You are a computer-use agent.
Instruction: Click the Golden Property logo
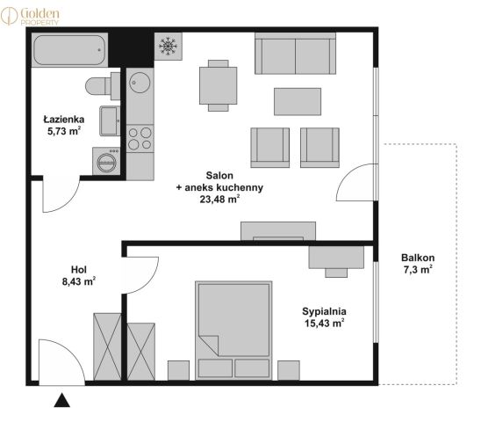(x=30, y=16)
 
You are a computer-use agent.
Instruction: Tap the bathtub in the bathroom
(x=69, y=50)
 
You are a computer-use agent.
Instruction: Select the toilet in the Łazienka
(x=103, y=86)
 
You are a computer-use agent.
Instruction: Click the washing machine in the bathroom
(x=106, y=161)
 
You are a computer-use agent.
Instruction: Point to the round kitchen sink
(x=140, y=83)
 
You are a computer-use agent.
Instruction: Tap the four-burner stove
(x=140, y=138)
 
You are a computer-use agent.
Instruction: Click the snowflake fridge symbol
(x=169, y=47)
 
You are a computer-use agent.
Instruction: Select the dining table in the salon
(x=218, y=85)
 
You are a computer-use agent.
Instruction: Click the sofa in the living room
(x=295, y=54)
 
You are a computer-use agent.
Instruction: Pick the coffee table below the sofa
(x=298, y=101)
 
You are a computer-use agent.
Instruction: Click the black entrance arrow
(x=62, y=400)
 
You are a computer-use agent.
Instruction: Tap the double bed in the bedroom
(x=233, y=330)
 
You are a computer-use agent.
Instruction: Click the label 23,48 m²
(x=219, y=200)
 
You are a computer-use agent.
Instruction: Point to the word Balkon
(x=418, y=258)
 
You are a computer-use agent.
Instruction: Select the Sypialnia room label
(x=324, y=311)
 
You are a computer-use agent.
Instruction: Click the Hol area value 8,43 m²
(x=79, y=281)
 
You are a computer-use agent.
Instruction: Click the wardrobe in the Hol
(x=107, y=346)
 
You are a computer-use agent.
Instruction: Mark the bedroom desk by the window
(x=336, y=261)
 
